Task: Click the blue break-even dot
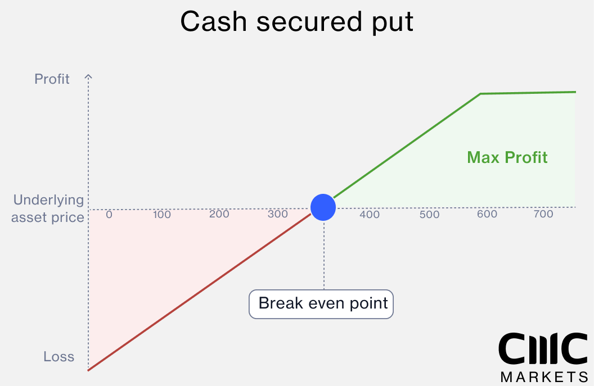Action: [x=323, y=207]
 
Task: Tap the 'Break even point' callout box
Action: [x=321, y=305]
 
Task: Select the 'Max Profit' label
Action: [x=507, y=157]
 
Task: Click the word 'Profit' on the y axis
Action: [x=52, y=79]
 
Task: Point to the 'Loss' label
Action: [x=58, y=356]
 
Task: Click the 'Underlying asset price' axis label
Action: [x=48, y=208]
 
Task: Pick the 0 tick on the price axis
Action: [x=109, y=215]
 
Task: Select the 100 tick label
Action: [x=161, y=215]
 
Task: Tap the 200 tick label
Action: [x=219, y=214]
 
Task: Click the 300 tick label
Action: [x=278, y=214]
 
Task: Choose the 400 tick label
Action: [x=370, y=215]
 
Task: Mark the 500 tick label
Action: [x=429, y=215]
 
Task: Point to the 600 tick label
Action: [x=487, y=214]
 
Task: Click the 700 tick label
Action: [x=543, y=214]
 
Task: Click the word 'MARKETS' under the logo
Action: [x=544, y=376]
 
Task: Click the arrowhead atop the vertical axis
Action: [x=88, y=76]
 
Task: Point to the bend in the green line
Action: [x=480, y=94]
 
